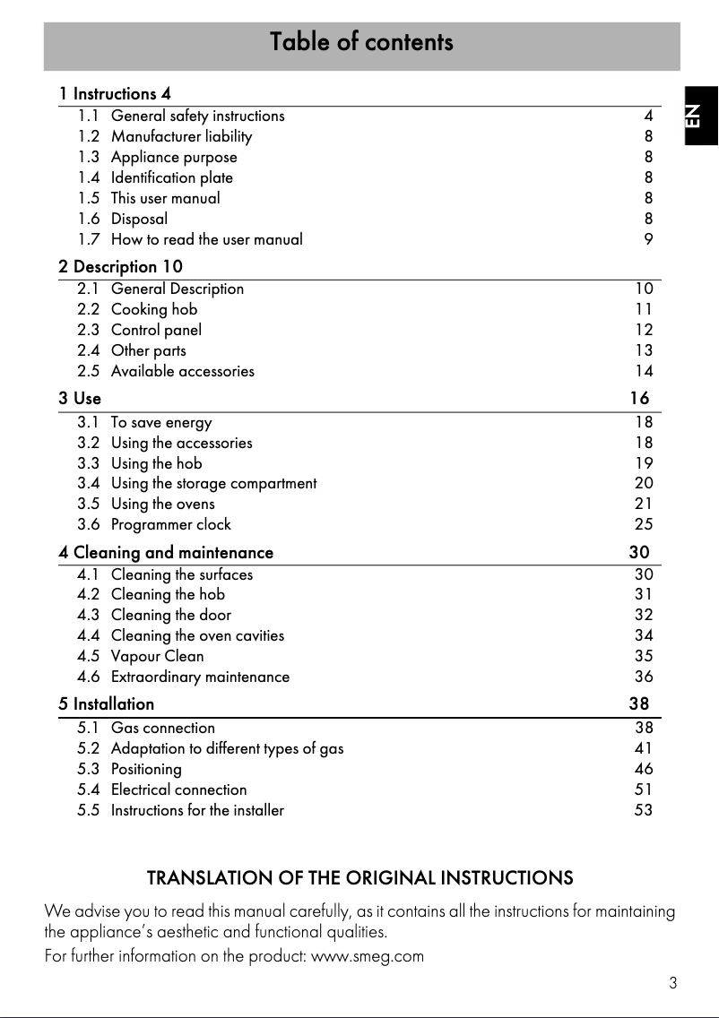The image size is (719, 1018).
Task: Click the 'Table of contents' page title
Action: (361, 42)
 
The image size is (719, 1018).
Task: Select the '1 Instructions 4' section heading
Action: (115, 93)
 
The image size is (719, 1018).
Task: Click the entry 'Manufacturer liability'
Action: (181, 136)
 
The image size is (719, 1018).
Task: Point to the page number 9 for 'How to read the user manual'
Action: (648, 239)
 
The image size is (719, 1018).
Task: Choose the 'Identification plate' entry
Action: (171, 177)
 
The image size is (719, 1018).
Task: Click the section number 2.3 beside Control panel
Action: (89, 330)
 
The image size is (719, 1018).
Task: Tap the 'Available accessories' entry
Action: (182, 371)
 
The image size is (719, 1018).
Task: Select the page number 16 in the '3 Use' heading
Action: (638, 398)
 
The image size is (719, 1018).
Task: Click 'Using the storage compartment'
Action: (213, 484)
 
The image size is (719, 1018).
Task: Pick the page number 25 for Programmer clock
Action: (644, 525)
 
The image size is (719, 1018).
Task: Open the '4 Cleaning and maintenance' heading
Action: (166, 553)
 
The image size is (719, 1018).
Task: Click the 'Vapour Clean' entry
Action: (157, 656)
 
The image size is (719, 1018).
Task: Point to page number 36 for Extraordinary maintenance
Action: (644, 677)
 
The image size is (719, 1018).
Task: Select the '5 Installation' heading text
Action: (107, 704)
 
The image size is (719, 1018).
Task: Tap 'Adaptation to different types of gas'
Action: (227, 748)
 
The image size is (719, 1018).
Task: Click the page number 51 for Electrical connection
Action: (644, 789)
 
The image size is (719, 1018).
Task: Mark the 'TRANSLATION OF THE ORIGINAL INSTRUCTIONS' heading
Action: (359, 877)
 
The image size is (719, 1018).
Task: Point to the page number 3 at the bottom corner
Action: (672, 983)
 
